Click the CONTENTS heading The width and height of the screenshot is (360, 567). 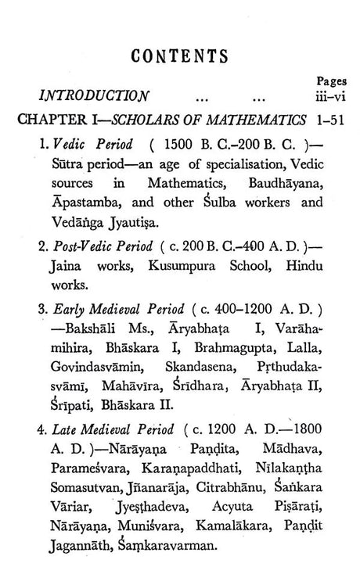[x=180, y=56]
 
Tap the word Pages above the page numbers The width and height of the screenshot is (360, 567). [x=332, y=81]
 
